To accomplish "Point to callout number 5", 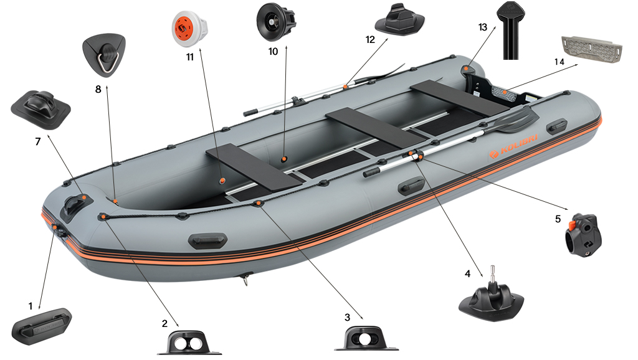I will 558,219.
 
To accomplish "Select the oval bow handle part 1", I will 41,324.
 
